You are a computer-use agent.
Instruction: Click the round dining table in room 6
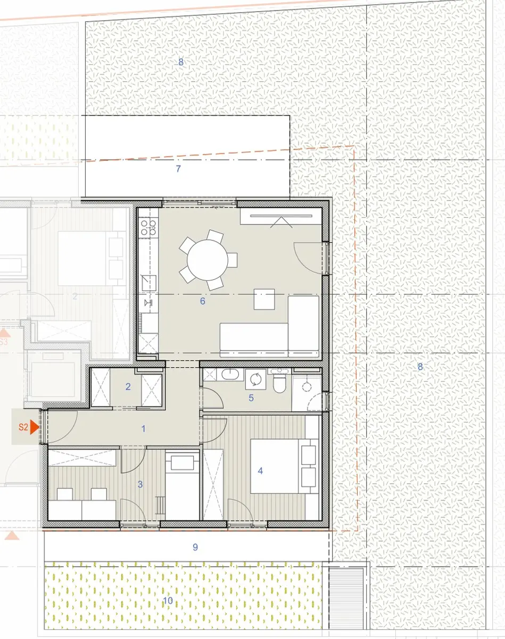click(208, 260)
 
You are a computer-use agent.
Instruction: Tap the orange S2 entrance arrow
click(35, 427)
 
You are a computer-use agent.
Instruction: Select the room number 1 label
click(144, 428)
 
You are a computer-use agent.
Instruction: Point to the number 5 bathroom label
click(251, 398)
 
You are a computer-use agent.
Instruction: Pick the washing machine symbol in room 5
click(255, 379)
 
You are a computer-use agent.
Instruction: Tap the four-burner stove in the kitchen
click(148, 227)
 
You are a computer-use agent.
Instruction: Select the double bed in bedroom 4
click(284, 466)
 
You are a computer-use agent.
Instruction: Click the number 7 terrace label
click(178, 169)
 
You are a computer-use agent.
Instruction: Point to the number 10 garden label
click(168, 601)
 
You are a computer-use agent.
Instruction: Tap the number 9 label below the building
click(195, 547)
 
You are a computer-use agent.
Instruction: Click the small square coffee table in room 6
click(264, 299)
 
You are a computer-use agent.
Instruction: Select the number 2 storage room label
click(128, 387)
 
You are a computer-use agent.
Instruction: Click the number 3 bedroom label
click(140, 484)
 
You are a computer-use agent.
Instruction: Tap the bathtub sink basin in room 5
click(230, 375)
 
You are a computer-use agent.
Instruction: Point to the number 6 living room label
click(202, 301)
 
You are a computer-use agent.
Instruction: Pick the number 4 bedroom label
click(260, 471)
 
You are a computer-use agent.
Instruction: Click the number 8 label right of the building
click(420, 367)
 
